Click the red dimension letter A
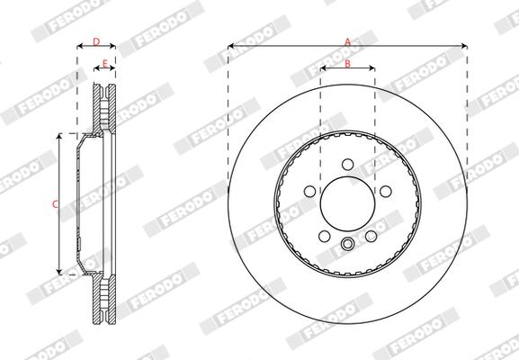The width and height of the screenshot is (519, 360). point(347,42)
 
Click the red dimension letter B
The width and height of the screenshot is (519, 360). point(347,64)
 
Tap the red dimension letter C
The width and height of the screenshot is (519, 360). point(55,204)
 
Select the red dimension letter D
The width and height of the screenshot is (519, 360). point(96,42)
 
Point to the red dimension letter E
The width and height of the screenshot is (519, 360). point(105,64)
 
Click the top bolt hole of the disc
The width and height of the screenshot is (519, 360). point(347,165)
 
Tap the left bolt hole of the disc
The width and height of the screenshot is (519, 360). point(309,192)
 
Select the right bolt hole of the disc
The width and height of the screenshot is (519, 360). point(386,192)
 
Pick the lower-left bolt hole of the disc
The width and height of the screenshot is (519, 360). point(325,236)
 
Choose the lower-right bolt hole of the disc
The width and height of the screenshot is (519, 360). point(371,236)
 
